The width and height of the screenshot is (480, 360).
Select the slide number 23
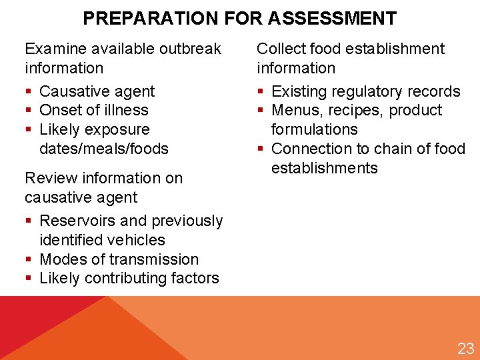[x=465, y=347]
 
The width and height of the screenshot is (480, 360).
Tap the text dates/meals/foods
[x=104, y=149]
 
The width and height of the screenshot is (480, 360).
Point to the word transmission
[x=154, y=259]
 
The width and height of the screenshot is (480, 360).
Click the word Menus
[x=295, y=110]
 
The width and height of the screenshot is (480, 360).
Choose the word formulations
[x=315, y=129]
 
